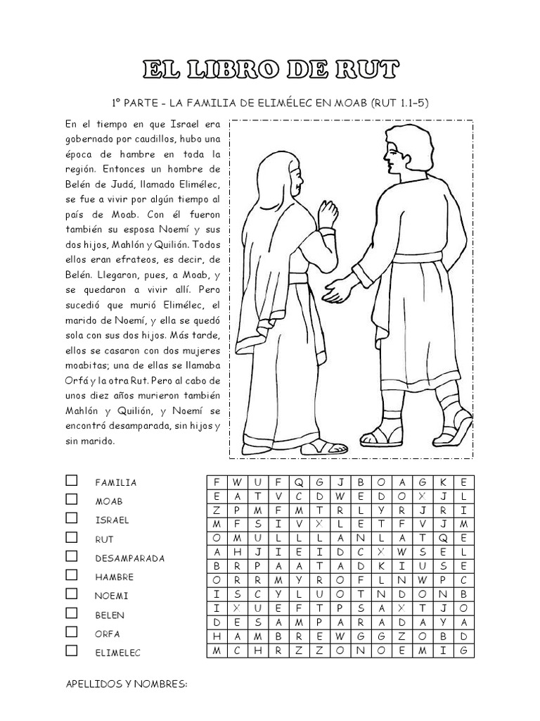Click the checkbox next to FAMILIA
[72, 481]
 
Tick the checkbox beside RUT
[72, 538]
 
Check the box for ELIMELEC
[72, 651]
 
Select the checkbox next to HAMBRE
[72, 576]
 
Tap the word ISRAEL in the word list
[112, 520]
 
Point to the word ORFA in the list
[108, 634]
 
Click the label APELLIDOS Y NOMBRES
[127, 683]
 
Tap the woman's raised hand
[328, 211]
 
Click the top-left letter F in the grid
[217, 482]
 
